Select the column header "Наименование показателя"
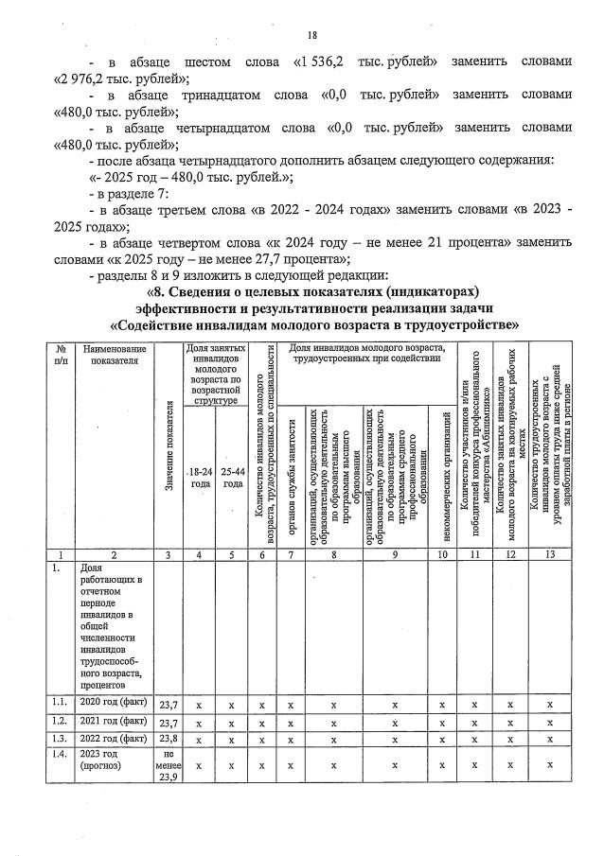click(116, 358)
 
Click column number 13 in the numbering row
click(548, 555)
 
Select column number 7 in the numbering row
click(292, 555)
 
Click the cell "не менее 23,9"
click(169, 766)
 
